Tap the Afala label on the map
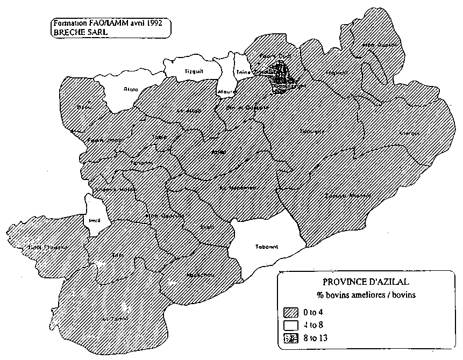coord(130,89)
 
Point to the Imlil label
coord(95,219)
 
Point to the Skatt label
coord(207,227)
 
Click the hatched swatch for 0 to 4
coord(291,312)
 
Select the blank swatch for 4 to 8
coord(291,325)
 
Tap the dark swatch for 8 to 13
coord(291,338)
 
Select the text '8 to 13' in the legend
coord(316,338)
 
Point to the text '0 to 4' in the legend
coord(314,312)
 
